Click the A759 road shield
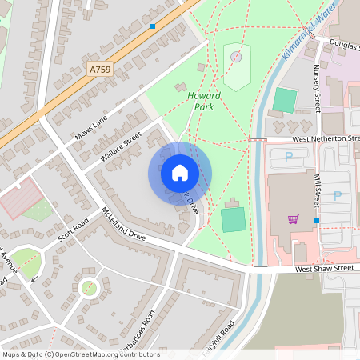click(x=100, y=70)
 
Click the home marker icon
click(x=180, y=173)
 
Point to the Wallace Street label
click(x=121, y=146)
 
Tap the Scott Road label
click(x=73, y=230)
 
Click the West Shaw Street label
click(x=324, y=269)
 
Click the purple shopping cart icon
click(x=294, y=218)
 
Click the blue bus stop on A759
click(x=152, y=26)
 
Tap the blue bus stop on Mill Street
click(x=317, y=220)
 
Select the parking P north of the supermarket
click(x=289, y=157)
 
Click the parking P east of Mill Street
click(x=337, y=195)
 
